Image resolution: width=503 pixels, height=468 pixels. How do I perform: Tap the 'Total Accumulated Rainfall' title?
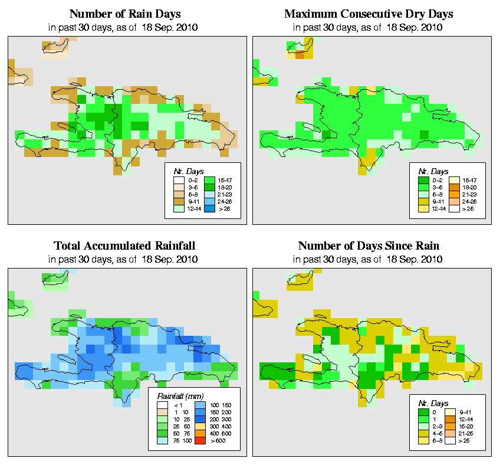click(124, 246)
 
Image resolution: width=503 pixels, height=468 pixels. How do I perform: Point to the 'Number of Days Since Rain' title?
click(369, 246)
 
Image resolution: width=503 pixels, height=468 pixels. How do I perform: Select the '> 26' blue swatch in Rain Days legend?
click(210, 209)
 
